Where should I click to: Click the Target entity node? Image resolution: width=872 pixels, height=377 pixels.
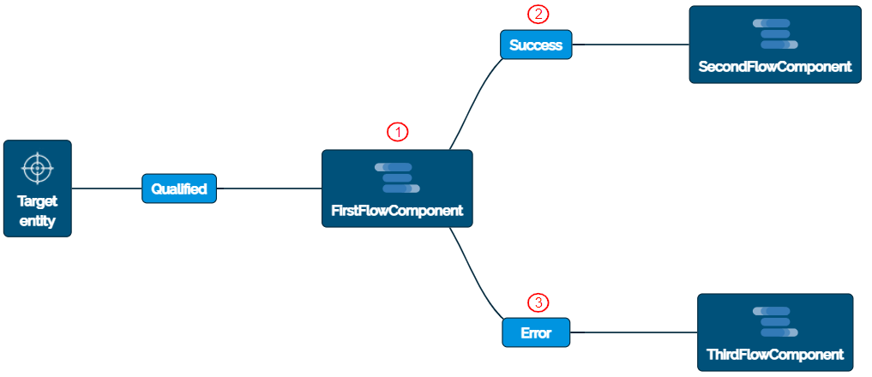(x=37, y=188)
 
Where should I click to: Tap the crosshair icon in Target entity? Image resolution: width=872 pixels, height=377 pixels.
(x=37, y=168)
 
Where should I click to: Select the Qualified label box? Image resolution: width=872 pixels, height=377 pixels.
(x=179, y=188)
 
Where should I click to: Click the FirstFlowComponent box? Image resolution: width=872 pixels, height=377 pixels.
(x=397, y=188)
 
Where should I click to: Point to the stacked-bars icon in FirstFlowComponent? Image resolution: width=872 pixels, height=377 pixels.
(x=397, y=177)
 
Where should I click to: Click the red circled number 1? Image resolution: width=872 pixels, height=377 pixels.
(x=397, y=132)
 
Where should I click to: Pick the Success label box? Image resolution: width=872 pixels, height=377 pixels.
(x=536, y=45)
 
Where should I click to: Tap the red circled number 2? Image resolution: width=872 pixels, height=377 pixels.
(x=537, y=15)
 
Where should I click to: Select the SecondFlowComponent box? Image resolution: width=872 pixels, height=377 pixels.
(x=775, y=45)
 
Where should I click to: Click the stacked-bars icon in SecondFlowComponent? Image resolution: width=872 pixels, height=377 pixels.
(x=775, y=33)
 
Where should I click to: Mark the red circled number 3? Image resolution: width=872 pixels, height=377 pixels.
(x=538, y=302)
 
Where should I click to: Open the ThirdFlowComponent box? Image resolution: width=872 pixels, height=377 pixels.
(x=775, y=332)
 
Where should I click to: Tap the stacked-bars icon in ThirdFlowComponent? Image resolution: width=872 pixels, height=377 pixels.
(x=775, y=321)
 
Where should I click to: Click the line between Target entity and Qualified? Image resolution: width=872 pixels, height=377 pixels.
(x=106, y=188)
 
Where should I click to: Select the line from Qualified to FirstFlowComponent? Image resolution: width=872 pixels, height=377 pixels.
(x=269, y=188)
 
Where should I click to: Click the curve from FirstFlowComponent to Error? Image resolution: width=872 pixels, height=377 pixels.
(x=474, y=278)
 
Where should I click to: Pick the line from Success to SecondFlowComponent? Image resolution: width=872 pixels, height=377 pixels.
(x=630, y=45)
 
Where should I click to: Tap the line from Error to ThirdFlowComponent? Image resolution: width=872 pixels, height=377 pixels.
(x=634, y=332)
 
